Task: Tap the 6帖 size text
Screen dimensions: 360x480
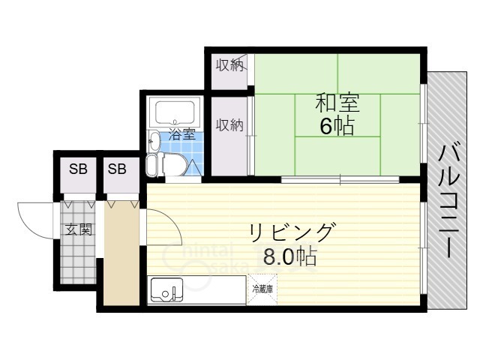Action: point(337,125)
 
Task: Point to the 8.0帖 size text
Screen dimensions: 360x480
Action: point(289,257)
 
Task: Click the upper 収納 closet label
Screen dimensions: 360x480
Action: point(229,65)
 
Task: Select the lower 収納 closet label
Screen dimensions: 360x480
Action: point(229,125)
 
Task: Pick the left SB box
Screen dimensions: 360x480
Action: point(77,169)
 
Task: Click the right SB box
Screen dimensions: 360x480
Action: point(117,169)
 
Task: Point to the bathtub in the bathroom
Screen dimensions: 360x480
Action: point(175,113)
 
